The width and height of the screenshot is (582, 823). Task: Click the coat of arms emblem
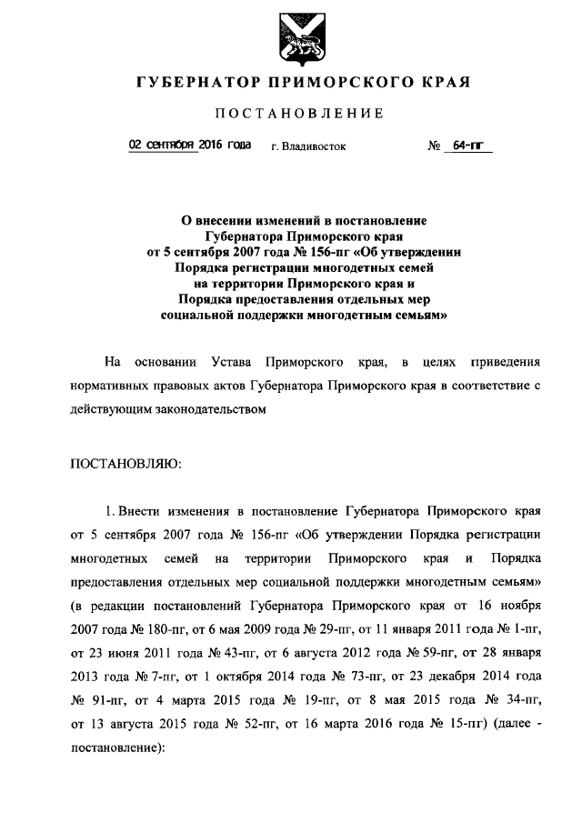point(291,37)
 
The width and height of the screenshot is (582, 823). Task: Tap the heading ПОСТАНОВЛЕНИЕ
point(298,114)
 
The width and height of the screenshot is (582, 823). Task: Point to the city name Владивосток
point(314,146)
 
